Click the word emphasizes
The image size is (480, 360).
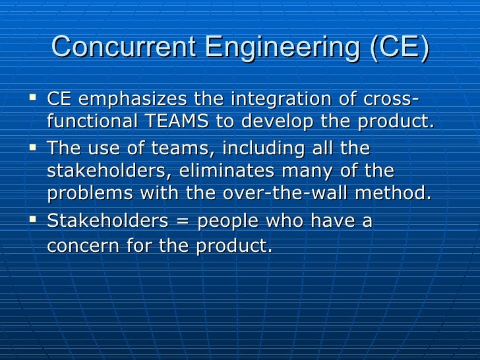pos(131,100)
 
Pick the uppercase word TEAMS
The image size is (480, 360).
pos(199,122)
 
